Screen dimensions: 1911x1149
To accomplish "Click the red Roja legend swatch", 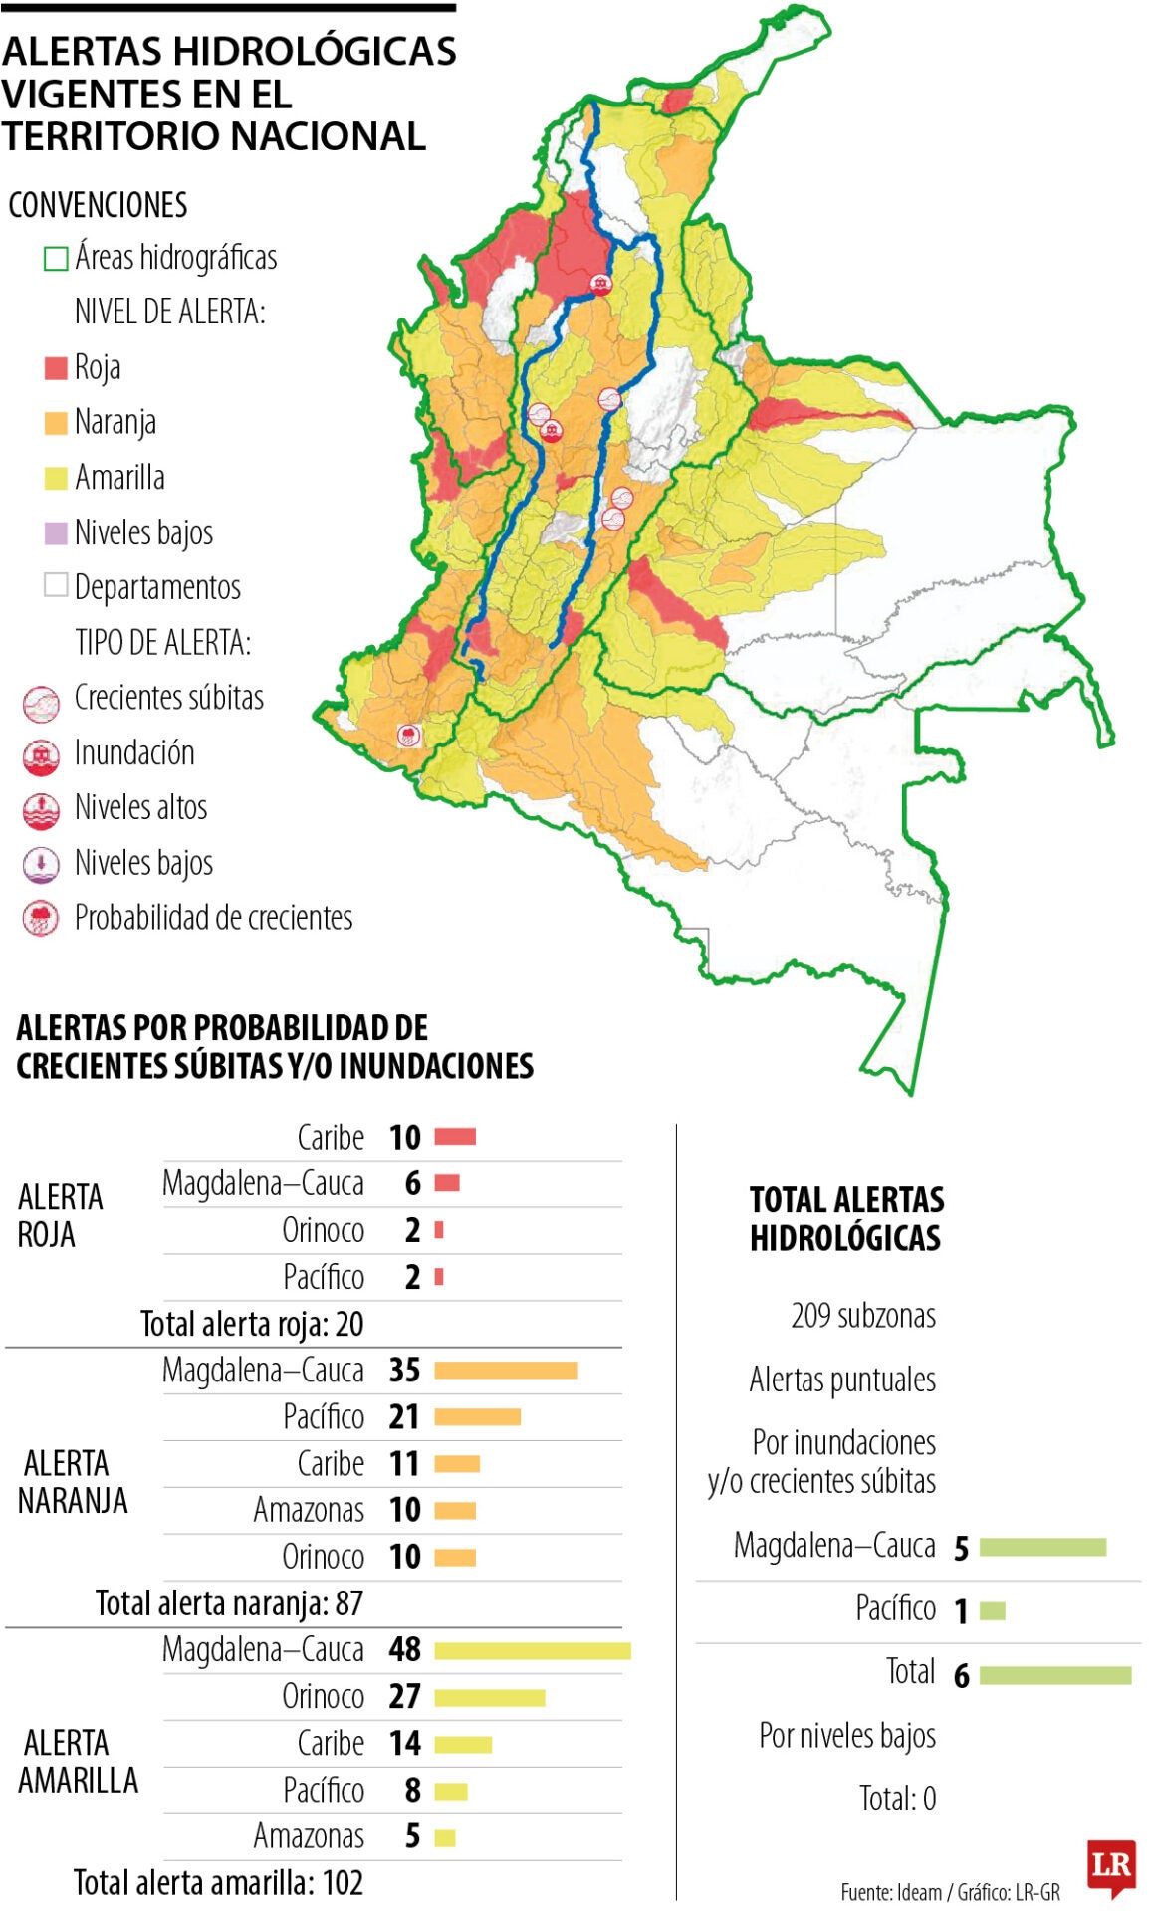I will click(56, 368).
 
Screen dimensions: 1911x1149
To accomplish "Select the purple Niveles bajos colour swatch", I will click(56, 533).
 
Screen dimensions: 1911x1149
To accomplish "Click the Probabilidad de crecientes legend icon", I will click(41, 918).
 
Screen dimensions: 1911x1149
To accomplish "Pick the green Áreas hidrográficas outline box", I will click(56, 259).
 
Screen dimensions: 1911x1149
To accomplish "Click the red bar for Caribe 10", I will click(455, 1136).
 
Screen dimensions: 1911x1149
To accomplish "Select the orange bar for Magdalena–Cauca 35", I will click(506, 1371).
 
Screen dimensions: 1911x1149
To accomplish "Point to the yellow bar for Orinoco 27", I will click(489, 1697).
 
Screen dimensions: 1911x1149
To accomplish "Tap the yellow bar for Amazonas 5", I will click(445, 1837).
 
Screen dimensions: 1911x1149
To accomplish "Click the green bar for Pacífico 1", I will click(992, 1610).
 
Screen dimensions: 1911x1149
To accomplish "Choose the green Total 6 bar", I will click(1054, 1676).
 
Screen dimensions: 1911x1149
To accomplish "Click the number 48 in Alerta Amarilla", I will click(404, 1649).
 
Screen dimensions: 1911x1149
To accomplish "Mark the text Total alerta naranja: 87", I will click(229, 1603).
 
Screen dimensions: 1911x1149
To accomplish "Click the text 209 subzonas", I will click(862, 1316).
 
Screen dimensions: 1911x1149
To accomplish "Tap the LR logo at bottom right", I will click(1111, 1867).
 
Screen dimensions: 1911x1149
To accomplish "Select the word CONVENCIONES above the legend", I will click(98, 205).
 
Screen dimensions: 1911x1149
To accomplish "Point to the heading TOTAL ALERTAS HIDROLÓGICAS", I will click(845, 1219).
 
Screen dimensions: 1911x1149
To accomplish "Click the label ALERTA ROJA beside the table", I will click(60, 1215).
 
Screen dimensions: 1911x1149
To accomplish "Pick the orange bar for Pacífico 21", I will click(477, 1417).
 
